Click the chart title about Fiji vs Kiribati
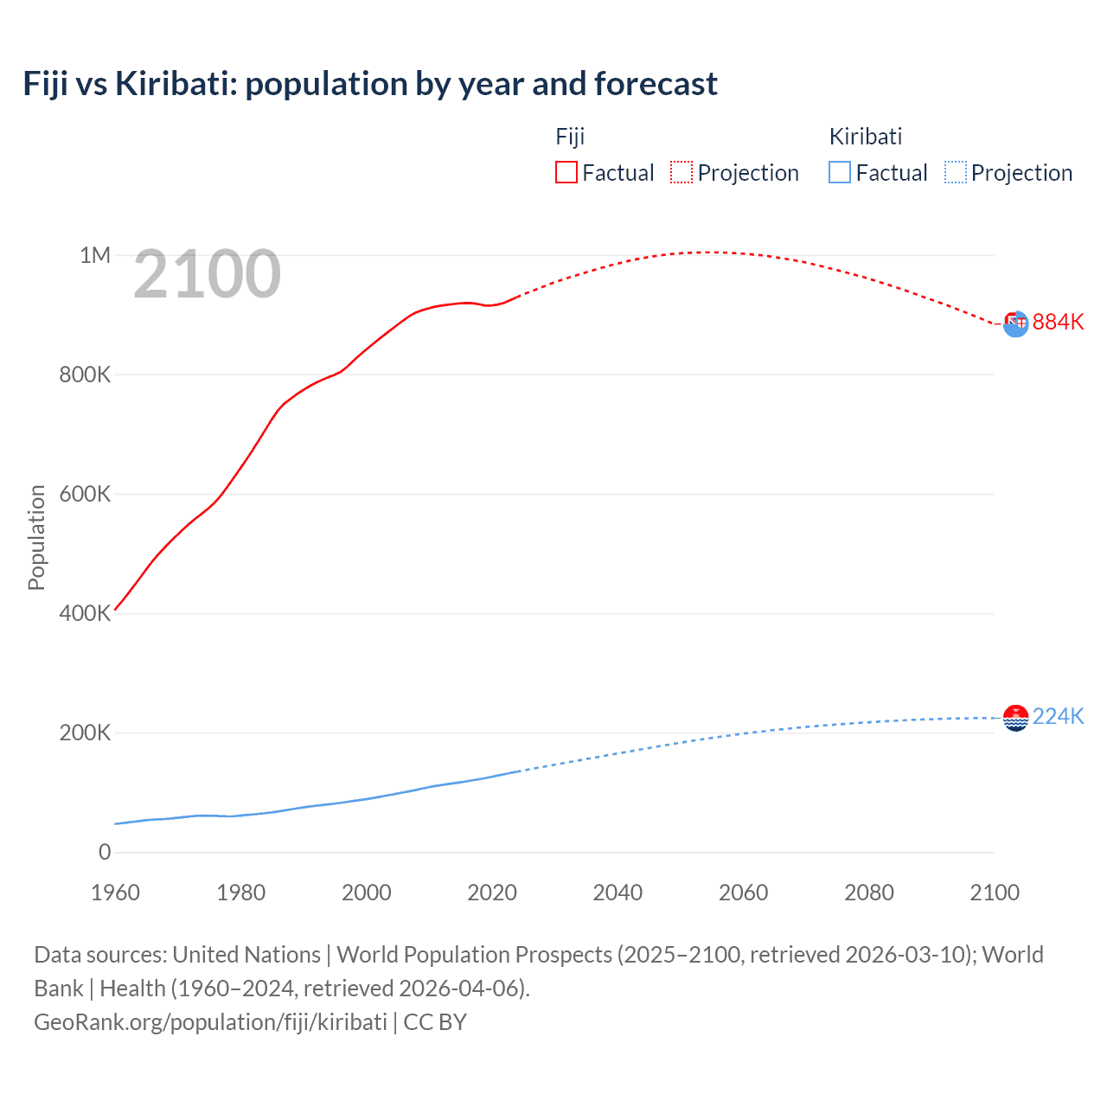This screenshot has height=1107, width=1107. pyautogui.click(x=370, y=84)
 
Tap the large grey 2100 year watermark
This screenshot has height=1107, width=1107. pyautogui.click(x=207, y=274)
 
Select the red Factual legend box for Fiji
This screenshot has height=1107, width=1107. pyautogui.click(x=566, y=172)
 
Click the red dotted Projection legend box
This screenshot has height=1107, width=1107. pyautogui.click(x=681, y=172)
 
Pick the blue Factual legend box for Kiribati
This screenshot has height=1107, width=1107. pyautogui.click(x=840, y=172)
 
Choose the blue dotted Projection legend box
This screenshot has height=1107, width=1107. pyautogui.click(x=956, y=172)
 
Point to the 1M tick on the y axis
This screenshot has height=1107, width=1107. pyautogui.click(x=95, y=255)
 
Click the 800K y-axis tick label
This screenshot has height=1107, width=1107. pyautogui.click(x=86, y=374)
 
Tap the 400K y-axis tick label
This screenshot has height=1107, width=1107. pyautogui.click(x=86, y=613)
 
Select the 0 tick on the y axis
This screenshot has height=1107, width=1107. pyautogui.click(x=105, y=852)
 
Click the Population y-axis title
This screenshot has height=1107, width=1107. pyautogui.click(x=36, y=537)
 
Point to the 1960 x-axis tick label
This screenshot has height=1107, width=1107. pyautogui.click(x=115, y=893)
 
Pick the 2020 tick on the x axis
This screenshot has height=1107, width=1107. pyautogui.click(x=492, y=893)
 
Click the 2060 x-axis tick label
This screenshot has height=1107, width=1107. pyautogui.click(x=743, y=893)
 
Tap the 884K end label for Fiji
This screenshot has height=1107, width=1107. pyautogui.click(x=1058, y=322)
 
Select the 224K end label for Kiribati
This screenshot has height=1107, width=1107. pyautogui.click(x=1058, y=716)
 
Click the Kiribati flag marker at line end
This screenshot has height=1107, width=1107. pyautogui.click(x=1015, y=718)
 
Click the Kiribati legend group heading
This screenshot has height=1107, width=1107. pyautogui.click(x=866, y=137)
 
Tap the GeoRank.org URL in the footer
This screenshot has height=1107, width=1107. pyautogui.click(x=210, y=1022)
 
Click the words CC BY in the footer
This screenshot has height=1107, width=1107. pyautogui.click(x=435, y=1022)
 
